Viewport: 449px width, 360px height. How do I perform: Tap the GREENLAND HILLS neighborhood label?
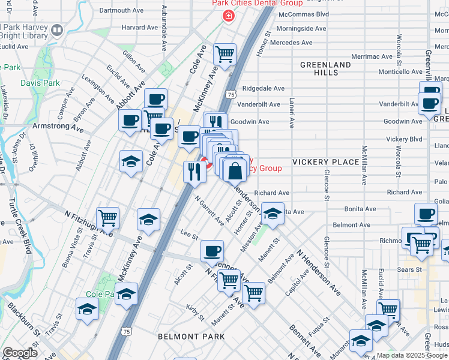[325, 68]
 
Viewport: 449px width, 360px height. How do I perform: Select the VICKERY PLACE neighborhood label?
[325, 162]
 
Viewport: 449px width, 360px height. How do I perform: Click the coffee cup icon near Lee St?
[211, 251]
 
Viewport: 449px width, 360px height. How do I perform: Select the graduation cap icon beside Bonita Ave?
[273, 215]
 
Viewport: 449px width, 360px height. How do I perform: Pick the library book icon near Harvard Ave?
[57, 29]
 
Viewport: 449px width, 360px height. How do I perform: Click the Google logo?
[19, 353]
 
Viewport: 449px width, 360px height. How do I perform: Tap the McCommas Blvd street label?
[304, 14]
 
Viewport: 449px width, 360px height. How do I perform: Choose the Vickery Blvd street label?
[404, 139]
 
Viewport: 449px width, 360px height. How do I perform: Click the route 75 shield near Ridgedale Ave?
[231, 94]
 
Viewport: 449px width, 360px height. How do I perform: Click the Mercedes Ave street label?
[291, 43]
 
